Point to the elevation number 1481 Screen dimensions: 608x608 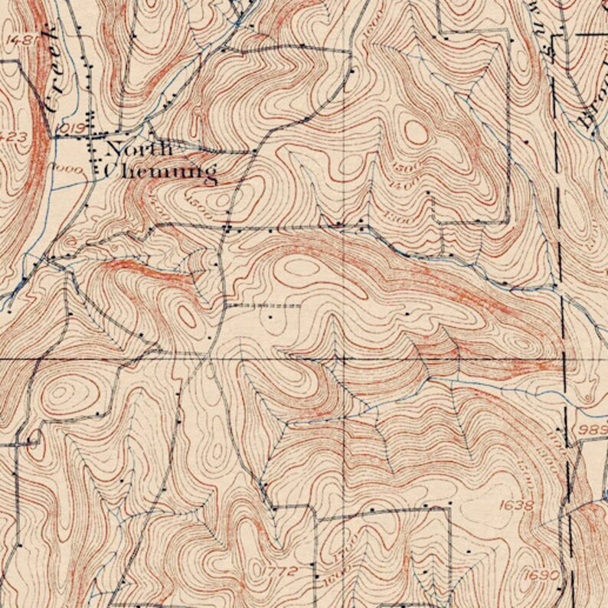[x=20, y=39]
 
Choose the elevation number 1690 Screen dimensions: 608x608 [x=538, y=574]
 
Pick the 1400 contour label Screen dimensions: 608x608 [x=398, y=186]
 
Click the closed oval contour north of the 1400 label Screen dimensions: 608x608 [x=416, y=132]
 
